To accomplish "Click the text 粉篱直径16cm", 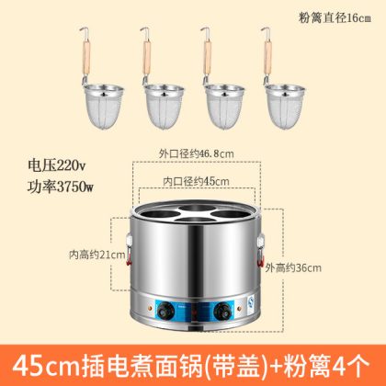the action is tap(335, 17).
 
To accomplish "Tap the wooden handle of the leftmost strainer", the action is tap(86, 58).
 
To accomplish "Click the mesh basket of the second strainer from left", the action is tap(165, 106).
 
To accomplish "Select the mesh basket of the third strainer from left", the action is tap(225, 106).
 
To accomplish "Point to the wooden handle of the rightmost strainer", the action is tap(268, 58).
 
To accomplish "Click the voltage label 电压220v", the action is tap(57, 165).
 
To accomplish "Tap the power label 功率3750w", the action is tap(60, 187).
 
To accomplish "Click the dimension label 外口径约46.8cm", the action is tap(196, 153).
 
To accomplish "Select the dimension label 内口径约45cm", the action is tap(196, 181).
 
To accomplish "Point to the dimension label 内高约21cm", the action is tap(97, 255).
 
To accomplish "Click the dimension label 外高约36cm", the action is tap(293, 268).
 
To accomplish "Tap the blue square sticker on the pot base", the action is tap(251, 301).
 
